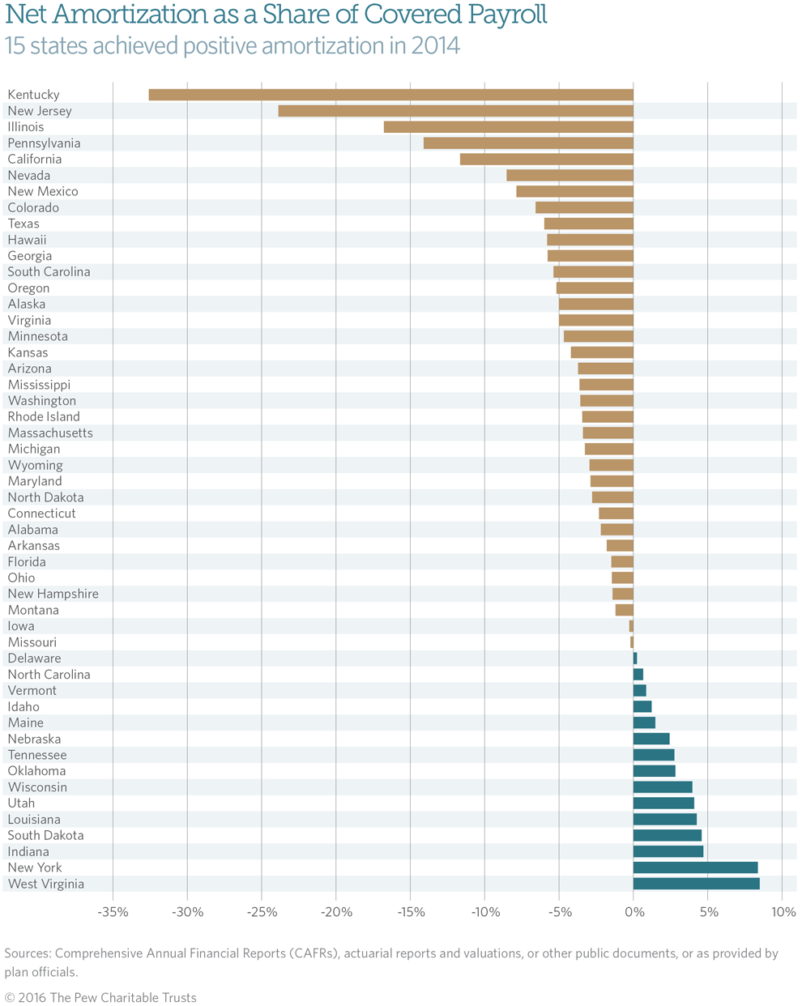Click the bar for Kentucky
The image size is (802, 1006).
390,95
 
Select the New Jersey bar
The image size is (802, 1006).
455,111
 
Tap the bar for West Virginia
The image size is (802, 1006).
696,884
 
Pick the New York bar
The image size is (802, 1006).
695,867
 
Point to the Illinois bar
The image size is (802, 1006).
508,127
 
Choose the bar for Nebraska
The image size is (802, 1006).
651,739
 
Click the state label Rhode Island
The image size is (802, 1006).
44,416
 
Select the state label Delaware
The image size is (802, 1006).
34,659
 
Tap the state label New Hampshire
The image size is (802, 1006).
53,594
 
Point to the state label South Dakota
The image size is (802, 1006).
45,835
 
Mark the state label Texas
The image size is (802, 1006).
23,224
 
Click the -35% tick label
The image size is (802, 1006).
113,913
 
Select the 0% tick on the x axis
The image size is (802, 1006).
633,913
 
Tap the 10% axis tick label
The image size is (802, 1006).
783,913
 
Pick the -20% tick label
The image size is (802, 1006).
336,913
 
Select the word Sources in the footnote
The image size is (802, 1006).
26,953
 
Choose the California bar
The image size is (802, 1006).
546,160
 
